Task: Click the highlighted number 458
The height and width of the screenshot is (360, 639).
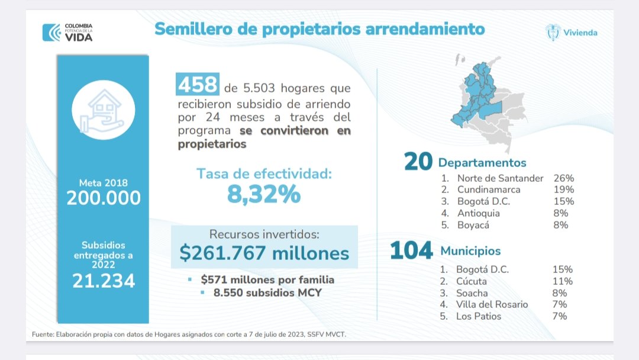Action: click(x=198, y=86)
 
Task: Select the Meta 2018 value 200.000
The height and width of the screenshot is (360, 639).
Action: click(x=104, y=198)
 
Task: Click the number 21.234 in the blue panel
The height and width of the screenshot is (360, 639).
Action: click(x=104, y=280)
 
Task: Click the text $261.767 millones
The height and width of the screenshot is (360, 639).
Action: click(x=264, y=253)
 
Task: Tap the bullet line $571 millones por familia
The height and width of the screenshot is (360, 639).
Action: click(x=267, y=279)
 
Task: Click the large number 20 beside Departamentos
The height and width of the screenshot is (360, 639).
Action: click(x=418, y=162)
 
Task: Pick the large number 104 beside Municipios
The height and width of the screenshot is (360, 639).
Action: click(x=411, y=250)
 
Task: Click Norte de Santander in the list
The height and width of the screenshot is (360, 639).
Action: click(x=500, y=178)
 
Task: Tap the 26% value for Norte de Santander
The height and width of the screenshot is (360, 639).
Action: click(x=564, y=178)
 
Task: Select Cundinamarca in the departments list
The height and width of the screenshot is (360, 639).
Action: click(x=489, y=189)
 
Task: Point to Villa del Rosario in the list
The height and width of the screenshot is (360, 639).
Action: click(x=492, y=304)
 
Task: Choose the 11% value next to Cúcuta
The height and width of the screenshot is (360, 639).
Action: click(x=562, y=281)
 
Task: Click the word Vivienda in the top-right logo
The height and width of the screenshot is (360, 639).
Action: click(x=580, y=33)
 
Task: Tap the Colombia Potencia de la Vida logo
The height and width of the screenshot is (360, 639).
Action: click(x=67, y=32)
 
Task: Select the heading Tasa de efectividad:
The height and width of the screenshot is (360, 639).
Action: click(x=264, y=174)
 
